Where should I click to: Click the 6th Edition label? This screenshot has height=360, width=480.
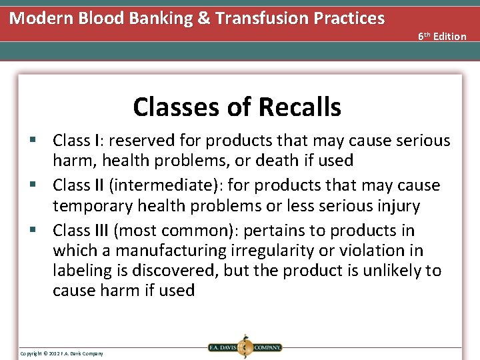[x=442, y=36]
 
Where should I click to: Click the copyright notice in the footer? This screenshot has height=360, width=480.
[x=61, y=353]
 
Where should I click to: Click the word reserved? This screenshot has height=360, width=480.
[x=141, y=141]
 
